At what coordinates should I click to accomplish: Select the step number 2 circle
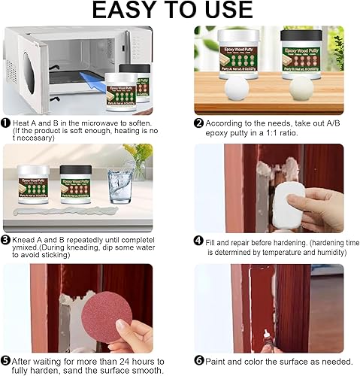pyautogui.click(x=198, y=123)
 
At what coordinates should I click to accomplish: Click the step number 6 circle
pyautogui.click(x=198, y=360)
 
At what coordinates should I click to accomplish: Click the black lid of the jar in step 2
pyautogui.click(x=301, y=34)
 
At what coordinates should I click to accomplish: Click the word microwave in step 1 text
pyautogui.click(x=111, y=123)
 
